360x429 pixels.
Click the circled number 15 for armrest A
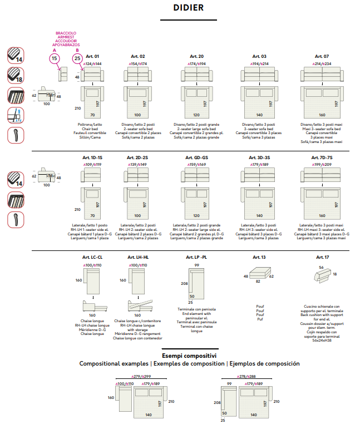(x=54, y=58)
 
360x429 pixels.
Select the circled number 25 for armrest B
(x=77, y=58)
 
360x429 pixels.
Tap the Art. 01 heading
(x=92, y=56)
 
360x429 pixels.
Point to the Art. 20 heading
(x=196, y=56)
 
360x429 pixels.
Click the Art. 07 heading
(x=322, y=56)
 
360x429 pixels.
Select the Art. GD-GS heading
(x=196, y=157)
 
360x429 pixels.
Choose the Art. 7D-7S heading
(x=322, y=157)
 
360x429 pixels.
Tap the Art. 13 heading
(x=259, y=257)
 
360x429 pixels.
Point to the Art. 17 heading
(x=322, y=257)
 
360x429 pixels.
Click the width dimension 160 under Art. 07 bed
(x=322, y=115)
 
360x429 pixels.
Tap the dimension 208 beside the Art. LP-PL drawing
(x=185, y=283)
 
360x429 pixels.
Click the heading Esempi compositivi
(x=189, y=355)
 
